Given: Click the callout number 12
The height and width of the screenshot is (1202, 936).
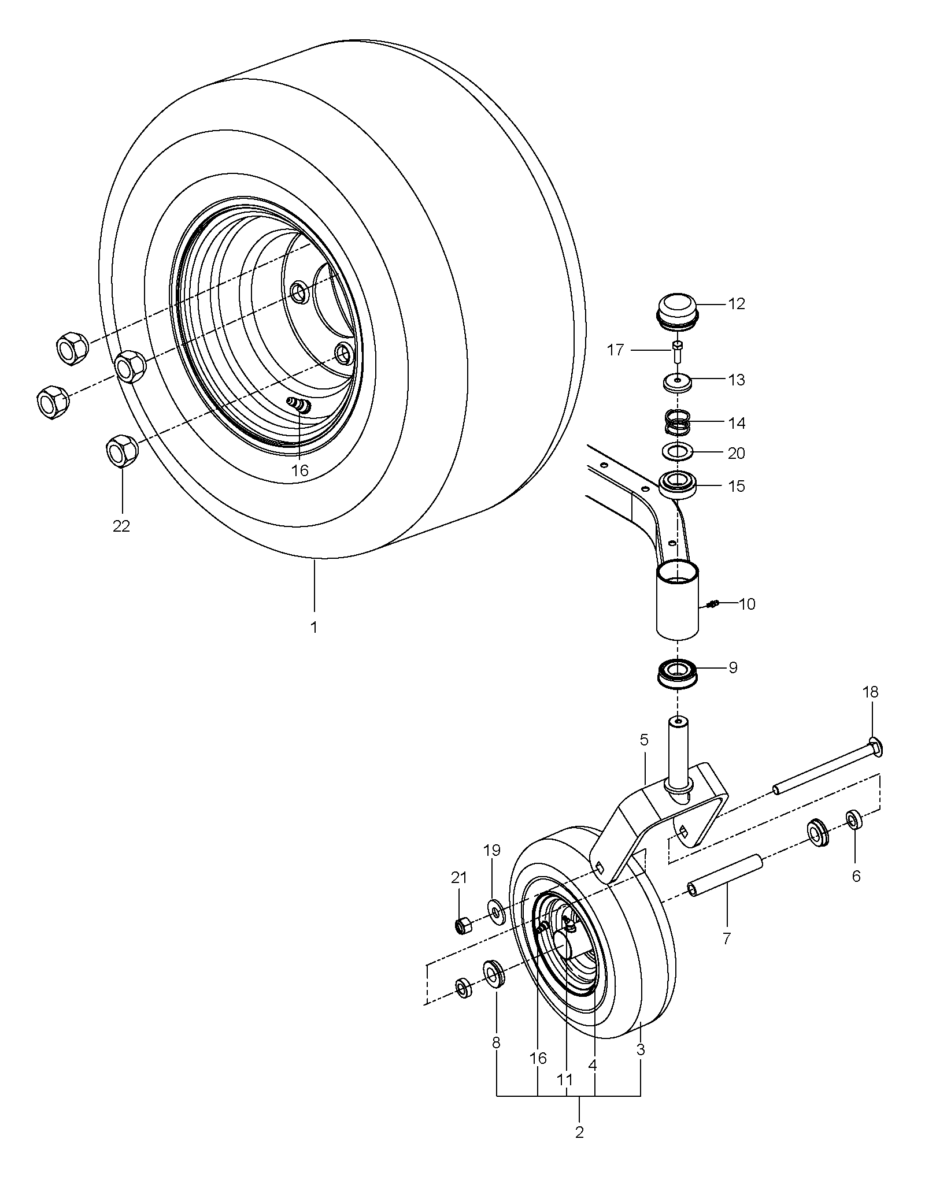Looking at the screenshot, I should click(737, 304).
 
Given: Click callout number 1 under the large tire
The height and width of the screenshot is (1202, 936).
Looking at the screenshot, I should click(314, 627).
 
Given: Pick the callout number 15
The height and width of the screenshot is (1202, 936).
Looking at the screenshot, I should click(737, 487).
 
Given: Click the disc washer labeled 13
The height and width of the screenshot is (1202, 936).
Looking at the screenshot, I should click(678, 382).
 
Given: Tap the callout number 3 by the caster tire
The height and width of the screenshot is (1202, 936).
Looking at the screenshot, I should click(641, 1050).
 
